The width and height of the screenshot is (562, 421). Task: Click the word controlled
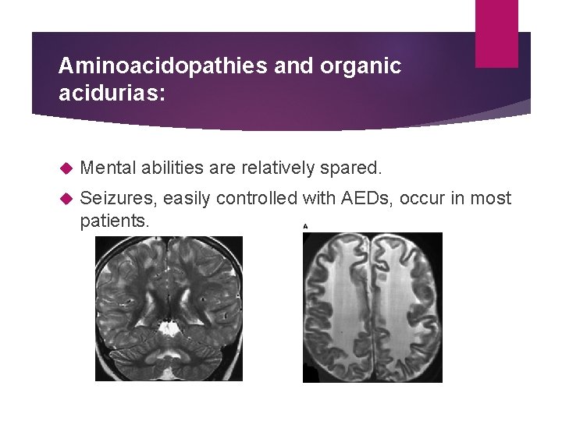(x=257, y=200)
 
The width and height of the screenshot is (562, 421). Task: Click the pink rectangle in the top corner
(x=496, y=33)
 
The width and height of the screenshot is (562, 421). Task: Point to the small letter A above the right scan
(x=305, y=226)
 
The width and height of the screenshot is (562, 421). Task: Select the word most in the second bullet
(x=492, y=200)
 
